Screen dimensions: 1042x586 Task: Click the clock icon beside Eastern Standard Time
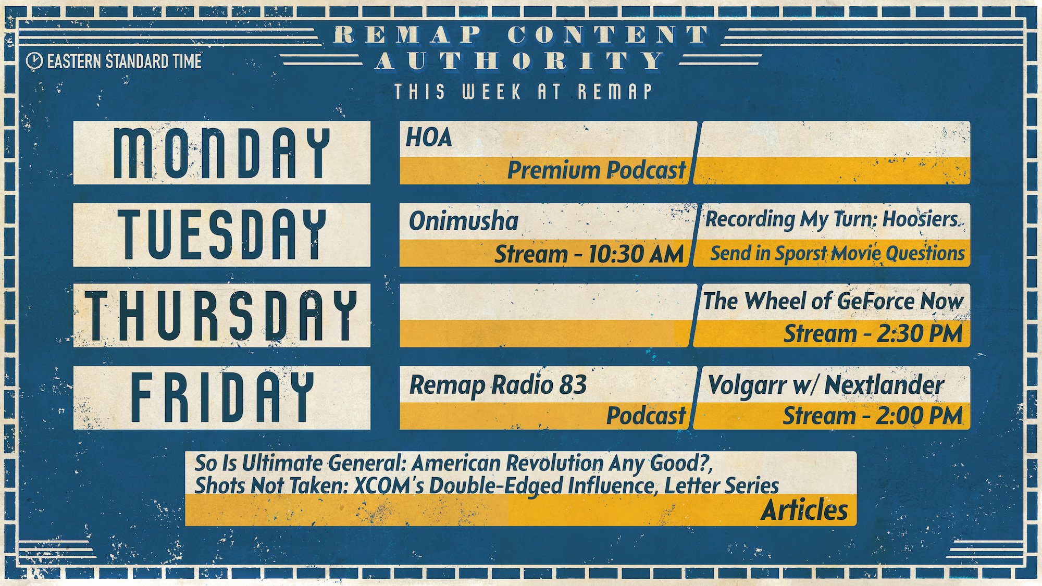34,61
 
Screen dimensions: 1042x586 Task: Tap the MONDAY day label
222,153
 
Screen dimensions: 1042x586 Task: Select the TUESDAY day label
222,234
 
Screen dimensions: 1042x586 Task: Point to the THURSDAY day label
222,316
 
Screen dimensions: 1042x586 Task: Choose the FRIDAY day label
222,397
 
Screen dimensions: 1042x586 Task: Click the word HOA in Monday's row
429,138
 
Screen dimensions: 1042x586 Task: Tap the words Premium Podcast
597,170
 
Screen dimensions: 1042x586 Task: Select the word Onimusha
464,221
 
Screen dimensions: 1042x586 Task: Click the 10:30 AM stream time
636,254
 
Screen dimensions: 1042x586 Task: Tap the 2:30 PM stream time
920,334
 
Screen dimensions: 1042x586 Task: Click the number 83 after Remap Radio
573,385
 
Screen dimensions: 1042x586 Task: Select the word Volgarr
748,386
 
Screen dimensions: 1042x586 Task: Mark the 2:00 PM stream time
920,416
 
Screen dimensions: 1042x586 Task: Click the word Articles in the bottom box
804,510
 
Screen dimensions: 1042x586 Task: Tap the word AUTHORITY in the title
520,61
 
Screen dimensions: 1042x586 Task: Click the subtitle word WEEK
491,92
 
